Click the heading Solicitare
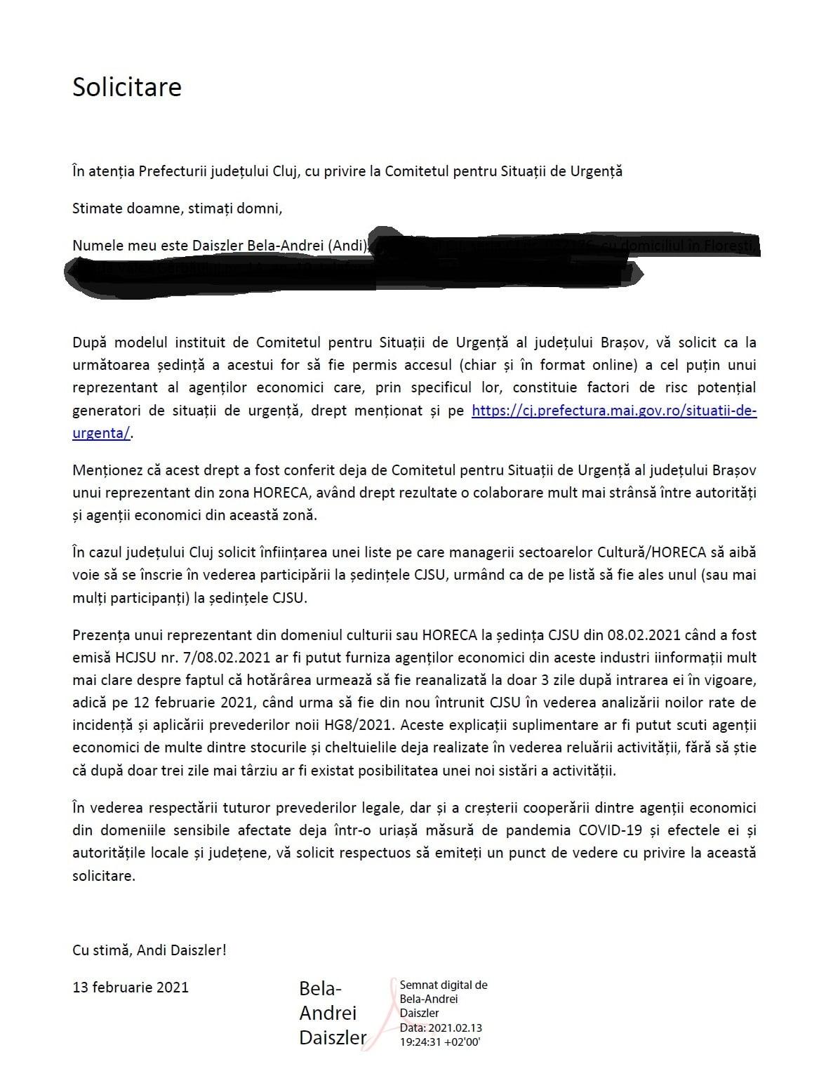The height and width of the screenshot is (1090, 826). point(127,87)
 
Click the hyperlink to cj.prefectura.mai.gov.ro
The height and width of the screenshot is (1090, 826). point(613,411)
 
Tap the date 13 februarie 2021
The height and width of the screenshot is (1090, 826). point(131,987)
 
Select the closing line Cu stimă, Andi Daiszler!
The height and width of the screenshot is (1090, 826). point(149,950)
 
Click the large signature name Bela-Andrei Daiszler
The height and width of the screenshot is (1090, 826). point(332,1013)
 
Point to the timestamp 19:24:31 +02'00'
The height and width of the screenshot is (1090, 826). point(439,1042)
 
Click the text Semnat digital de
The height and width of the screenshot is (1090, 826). point(443,985)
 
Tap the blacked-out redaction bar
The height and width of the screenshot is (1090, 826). point(351,271)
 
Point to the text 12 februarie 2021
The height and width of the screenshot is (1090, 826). point(161,703)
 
